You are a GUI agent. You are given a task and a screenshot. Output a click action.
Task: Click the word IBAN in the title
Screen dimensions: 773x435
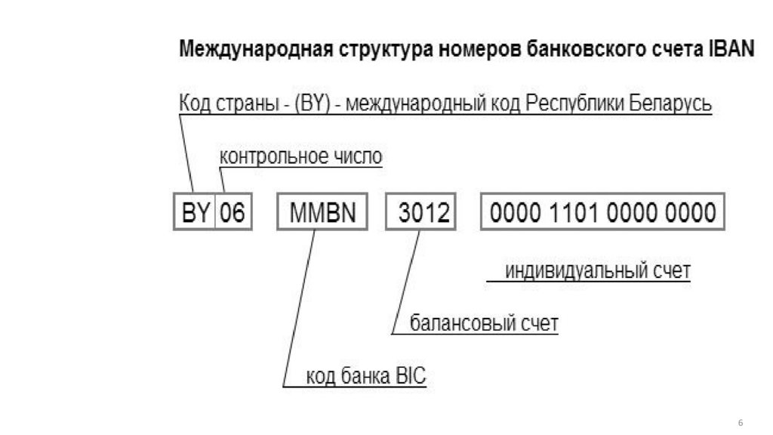click(731, 50)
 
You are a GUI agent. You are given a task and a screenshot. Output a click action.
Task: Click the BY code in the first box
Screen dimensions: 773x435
click(196, 213)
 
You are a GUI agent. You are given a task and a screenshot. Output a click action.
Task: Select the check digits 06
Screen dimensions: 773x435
click(233, 213)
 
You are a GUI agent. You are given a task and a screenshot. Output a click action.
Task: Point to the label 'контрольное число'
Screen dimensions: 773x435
click(300, 157)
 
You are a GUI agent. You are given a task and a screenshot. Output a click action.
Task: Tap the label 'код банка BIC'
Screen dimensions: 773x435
click(366, 376)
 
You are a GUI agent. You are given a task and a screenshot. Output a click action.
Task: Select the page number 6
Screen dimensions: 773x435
click(741, 421)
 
